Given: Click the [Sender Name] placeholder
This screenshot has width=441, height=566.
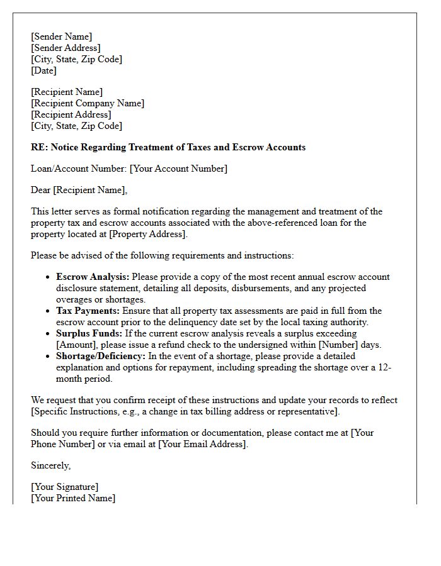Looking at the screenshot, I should tap(61, 36).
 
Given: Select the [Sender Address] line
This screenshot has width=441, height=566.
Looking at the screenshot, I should tap(66, 48).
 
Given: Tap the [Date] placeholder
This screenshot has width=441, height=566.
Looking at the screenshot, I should tap(43, 70).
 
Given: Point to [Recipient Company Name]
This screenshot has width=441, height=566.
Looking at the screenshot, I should tap(88, 103).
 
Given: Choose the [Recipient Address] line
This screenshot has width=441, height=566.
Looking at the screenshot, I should tap(71, 114).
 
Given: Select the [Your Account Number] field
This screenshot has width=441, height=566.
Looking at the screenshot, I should tap(178, 169).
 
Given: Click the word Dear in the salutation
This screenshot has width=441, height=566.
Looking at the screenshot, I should tap(41, 190).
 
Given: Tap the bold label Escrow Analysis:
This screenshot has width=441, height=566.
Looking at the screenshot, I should tap(93, 277).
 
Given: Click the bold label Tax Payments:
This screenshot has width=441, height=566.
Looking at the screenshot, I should tap(88, 311).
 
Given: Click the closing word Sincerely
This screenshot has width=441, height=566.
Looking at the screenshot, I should tap(50, 465).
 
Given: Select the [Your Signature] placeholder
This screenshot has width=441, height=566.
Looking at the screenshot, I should tap(64, 487).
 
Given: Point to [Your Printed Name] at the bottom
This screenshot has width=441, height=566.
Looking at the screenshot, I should tap(73, 498).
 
